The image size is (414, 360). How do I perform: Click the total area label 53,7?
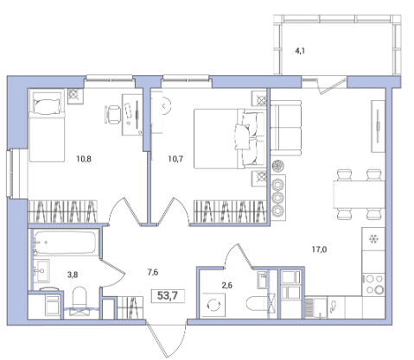pyautogui.click(x=168, y=295)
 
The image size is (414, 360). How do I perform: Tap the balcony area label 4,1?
pyautogui.click(x=300, y=51)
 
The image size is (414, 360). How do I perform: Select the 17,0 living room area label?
pyautogui.click(x=319, y=249)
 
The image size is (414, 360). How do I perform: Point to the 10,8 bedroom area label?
pyautogui.click(x=84, y=159)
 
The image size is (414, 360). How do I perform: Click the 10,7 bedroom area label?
pyautogui.click(x=175, y=159)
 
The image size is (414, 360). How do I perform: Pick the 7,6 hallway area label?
pyautogui.click(x=153, y=272)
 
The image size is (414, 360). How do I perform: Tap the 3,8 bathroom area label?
pyautogui.click(x=73, y=275)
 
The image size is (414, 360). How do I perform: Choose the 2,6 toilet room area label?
pyautogui.click(x=227, y=285)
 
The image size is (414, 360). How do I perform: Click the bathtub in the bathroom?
pyautogui.click(x=65, y=243)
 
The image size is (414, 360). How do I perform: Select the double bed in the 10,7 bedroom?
pyautogui.click(x=229, y=138)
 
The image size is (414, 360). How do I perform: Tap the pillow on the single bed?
pyautogui.click(x=48, y=106)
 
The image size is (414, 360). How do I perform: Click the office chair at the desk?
pyautogui.click(x=112, y=115)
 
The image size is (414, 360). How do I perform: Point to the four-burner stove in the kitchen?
pyautogui.click(x=373, y=285)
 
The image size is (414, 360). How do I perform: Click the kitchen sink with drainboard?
pyautogui.click(x=316, y=307)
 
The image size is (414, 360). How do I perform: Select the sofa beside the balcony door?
pyautogui.click(x=286, y=128)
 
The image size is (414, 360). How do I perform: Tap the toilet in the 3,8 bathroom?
pyautogui.click(x=80, y=298)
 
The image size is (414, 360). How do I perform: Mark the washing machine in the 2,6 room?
pyautogui.click(x=213, y=305)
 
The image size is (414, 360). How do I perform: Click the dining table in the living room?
pyautogui.click(x=360, y=194)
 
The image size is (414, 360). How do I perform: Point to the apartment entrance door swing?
pyautogui.click(x=167, y=339)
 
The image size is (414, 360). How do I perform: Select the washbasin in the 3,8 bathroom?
pyautogui.click(x=41, y=270)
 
